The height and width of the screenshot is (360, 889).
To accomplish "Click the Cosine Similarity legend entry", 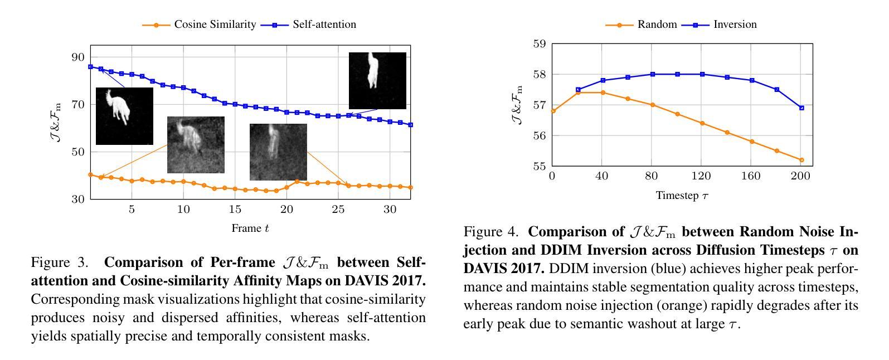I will tap(215, 25).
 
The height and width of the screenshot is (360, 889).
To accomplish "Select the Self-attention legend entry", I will tap(324, 25).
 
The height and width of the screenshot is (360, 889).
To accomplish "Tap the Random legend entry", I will tap(657, 25).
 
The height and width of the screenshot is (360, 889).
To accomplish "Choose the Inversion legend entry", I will tap(735, 25).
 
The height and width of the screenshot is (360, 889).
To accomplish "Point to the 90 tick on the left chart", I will tap(77, 57).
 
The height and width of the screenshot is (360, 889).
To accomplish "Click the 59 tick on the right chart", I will tap(540, 43).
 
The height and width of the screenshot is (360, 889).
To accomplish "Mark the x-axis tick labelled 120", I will tap(701, 176).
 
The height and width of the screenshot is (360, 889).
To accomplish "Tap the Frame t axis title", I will tap(250, 228).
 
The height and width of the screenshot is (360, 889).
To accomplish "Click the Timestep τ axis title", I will tap(682, 196).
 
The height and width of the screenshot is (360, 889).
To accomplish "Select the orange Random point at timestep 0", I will tap(553, 111).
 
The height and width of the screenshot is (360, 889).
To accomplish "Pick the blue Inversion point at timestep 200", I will tap(801, 108).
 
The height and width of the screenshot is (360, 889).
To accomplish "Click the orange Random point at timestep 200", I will tap(801, 160).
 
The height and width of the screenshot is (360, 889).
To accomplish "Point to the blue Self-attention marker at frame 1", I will tap(90, 67).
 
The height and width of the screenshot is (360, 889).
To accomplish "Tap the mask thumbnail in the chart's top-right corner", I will tap(377, 81).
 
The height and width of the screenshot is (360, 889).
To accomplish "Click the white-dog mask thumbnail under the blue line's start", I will tap(124, 116).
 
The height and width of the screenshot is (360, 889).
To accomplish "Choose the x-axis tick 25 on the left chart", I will tap(338, 210).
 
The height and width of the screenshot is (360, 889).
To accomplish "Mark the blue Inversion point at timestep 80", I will tap(652, 74).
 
